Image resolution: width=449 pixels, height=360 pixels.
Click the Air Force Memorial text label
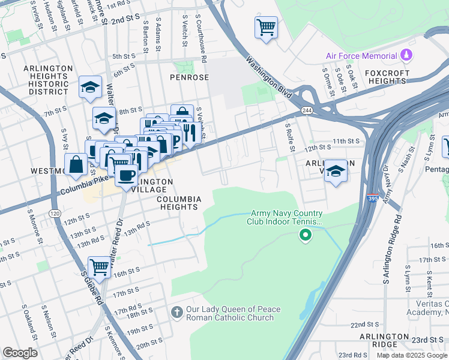click(x=362, y=56)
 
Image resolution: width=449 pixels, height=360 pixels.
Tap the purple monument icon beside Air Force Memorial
click(x=407, y=55)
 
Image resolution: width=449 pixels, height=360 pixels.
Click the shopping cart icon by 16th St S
click(x=100, y=267)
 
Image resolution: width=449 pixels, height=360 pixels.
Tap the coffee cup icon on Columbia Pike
click(x=126, y=176)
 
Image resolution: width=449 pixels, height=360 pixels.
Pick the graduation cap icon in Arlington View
click(x=336, y=171)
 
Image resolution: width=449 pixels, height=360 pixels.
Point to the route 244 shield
click(x=307, y=111)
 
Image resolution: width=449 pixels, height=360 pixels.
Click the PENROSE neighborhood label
click(x=189, y=77)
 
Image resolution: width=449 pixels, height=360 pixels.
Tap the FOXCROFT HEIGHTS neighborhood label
click(x=387, y=77)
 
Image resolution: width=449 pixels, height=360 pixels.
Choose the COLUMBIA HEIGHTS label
click(x=177, y=203)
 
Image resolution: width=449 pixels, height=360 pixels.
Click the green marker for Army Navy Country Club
click(x=306, y=235)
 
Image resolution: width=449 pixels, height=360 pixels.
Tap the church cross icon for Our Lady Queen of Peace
click(x=176, y=313)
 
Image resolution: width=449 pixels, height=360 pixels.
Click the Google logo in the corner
click(x=20, y=353)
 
